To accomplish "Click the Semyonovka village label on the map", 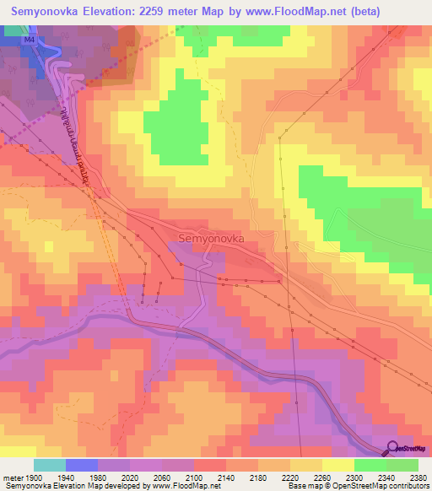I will [x=211, y=239].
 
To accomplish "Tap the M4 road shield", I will [x=30, y=39].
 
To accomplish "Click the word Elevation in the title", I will [x=125, y=12].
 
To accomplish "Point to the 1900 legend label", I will [x=33, y=477].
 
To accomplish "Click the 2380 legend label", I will [x=417, y=477].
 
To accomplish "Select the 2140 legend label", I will [x=225, y=477].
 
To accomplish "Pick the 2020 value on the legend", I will [x=129, y=477].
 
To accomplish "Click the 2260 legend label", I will [x=321, y=477].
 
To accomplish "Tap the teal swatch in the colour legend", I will [x=49, y=465].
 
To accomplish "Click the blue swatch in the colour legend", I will [x=81, y=465].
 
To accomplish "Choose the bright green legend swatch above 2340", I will [x=370, y=465].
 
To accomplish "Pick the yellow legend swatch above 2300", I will [x=337, y=465].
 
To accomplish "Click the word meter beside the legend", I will [x=11, y=477].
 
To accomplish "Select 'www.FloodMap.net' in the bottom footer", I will [x=189, y=486].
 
